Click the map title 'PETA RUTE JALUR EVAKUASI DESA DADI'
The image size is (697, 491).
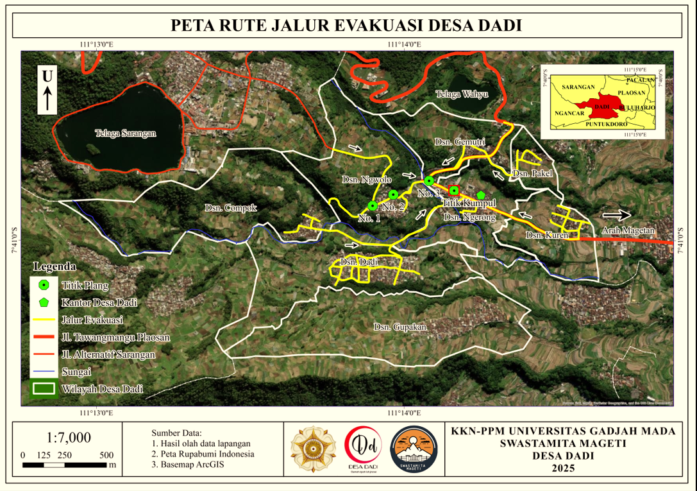346,26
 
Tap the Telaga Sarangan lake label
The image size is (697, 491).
126,134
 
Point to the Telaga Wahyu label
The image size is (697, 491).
462,94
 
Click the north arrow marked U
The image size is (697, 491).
47,90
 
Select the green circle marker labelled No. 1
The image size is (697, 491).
372,206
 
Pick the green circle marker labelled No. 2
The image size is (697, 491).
394,194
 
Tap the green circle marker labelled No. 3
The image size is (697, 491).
428,181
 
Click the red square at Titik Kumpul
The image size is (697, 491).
454,190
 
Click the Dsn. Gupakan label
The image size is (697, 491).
400,327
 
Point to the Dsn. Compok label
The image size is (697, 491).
231,208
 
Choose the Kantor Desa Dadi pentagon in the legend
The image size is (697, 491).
44,302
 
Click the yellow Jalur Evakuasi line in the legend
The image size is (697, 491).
44,319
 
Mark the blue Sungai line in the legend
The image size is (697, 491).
44,371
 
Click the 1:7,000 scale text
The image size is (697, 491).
69,438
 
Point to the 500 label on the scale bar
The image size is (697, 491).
107,454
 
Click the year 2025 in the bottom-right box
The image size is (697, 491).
564,468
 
